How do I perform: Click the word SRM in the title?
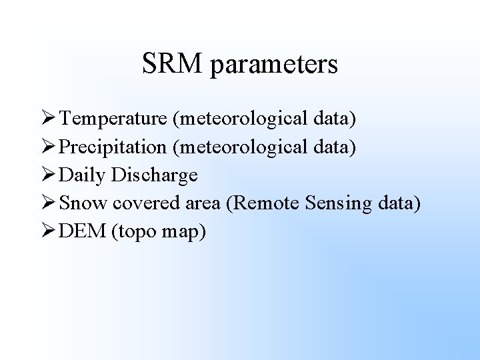[x=171, y=64]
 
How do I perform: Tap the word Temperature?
[x=113, y=119]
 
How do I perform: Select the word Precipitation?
[x=113, y=147]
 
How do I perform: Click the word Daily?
[x=83, y=175]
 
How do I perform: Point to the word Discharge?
[x=155, y=175]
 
